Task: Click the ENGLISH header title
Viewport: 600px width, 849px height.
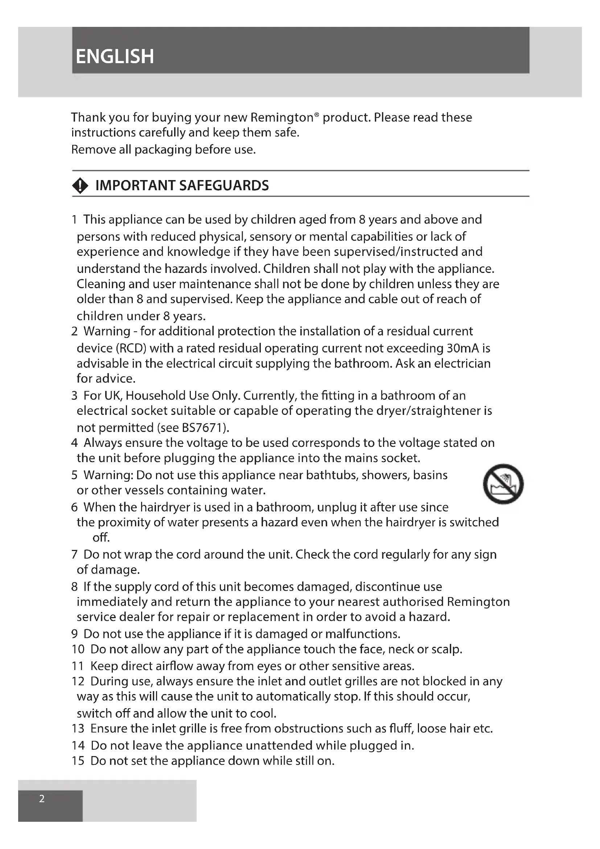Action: (115, 57)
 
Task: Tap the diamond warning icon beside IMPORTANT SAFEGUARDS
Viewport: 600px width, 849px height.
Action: (80, 185)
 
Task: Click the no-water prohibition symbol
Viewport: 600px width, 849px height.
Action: (503, 483)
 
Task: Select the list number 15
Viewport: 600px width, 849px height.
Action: (78, 761)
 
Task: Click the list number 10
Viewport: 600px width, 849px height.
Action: (78, 649)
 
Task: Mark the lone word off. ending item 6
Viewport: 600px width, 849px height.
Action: (101, 538)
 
